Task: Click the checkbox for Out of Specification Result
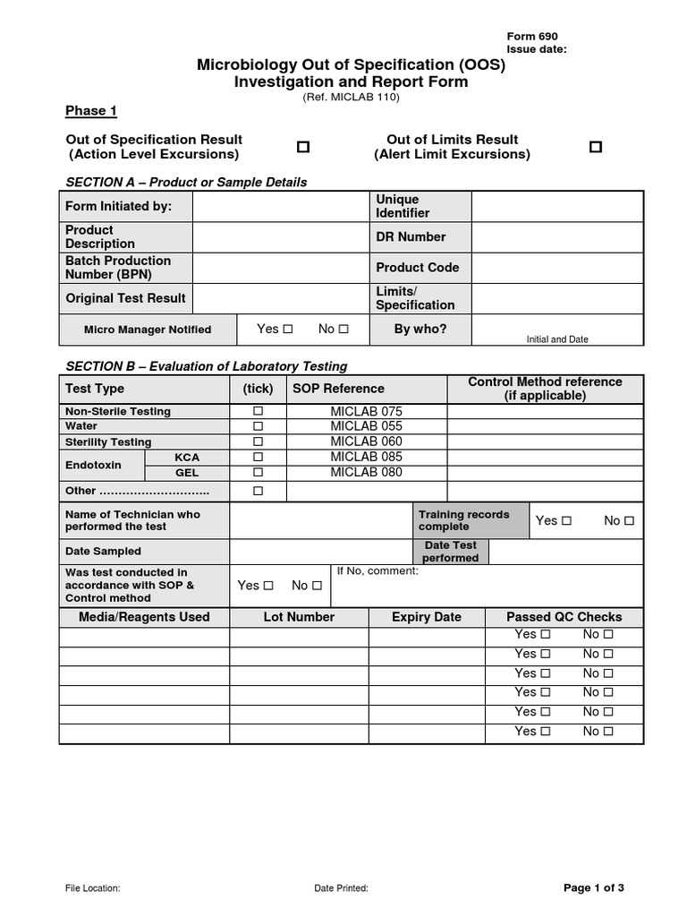pos(303,147)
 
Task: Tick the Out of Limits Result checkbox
pos(596,147)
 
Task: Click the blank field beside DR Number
pos(556,237)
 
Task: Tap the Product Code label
pos(417,267)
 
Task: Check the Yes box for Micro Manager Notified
pos(288,330)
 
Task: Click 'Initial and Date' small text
pos(557,339)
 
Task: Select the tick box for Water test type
pos(259,426)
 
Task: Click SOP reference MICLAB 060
pos(366,441)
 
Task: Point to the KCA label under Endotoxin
pos(187,457)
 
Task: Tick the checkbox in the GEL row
pos(259,472)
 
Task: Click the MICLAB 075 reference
pos(366,411)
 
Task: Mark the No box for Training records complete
pos(629,520)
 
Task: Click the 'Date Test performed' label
pos(451,552)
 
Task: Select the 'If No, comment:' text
pos(377,571)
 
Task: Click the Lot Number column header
pos(299,617)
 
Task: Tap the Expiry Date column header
pos(427,617)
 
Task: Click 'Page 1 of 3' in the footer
pos(593,887)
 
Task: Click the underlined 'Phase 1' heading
pos(91,111)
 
